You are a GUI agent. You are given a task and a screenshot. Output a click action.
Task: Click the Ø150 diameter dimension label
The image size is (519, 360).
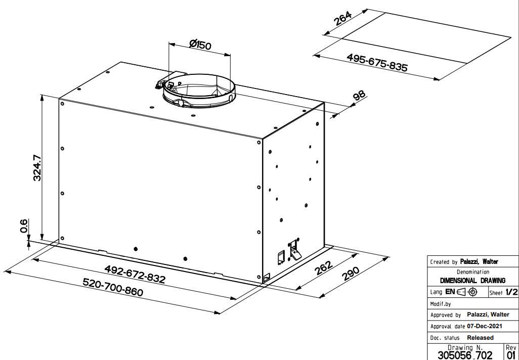200,44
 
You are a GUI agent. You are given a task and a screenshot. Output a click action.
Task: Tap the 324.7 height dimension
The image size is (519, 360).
37,168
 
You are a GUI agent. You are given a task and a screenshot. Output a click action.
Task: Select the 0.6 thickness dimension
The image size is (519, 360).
24,226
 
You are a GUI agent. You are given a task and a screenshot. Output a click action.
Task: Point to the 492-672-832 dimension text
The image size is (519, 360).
135,274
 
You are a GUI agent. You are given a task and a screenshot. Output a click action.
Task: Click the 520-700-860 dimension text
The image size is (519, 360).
113,287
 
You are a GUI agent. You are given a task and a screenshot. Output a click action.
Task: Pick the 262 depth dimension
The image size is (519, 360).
323,268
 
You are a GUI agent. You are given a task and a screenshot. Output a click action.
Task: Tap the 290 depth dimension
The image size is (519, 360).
351,274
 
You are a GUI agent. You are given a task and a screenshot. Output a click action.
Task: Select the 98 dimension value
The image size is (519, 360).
360,95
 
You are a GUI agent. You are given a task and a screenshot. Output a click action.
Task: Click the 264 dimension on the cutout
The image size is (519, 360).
342,19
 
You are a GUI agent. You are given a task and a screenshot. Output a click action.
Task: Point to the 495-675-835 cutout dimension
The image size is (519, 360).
377,62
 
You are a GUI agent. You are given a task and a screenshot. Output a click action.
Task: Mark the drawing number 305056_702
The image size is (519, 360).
465,355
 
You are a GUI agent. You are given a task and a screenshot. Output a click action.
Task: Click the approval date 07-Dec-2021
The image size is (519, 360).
484,326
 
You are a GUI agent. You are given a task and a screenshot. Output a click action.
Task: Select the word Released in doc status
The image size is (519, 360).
480,338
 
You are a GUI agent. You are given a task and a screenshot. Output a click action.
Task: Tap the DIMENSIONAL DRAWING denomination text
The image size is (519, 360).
472,281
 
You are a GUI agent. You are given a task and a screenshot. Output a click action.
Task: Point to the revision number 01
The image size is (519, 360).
511,355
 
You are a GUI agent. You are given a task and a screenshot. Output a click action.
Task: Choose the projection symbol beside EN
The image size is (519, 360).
467,292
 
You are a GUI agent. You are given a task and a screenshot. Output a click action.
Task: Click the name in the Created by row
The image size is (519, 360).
479,261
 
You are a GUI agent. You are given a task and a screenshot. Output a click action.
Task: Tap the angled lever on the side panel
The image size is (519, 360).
295,254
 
